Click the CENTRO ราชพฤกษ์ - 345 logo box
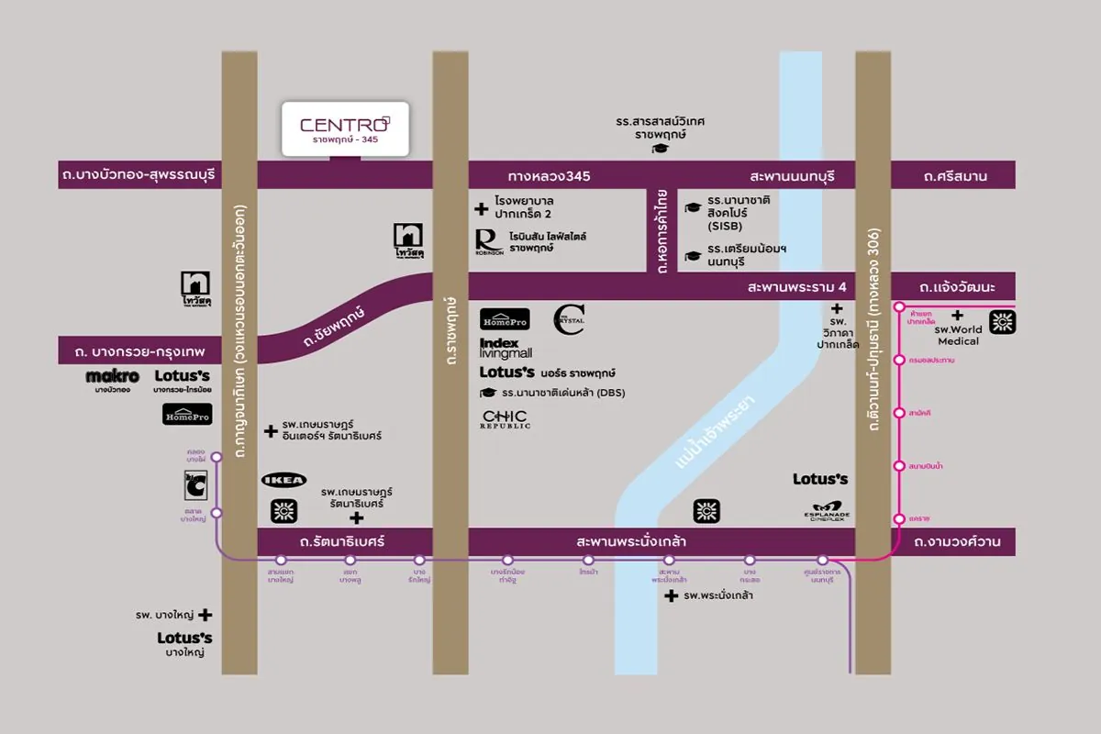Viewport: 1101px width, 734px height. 344,128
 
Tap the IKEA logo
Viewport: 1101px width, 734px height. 284,480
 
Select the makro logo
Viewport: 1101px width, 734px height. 112,377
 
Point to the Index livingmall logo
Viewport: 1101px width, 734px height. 506,348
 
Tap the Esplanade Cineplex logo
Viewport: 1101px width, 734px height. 828,511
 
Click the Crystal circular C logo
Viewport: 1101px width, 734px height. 569,319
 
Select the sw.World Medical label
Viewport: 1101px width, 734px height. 958,335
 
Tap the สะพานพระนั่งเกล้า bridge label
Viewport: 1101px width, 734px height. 631,542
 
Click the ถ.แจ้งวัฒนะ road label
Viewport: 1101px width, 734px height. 959,287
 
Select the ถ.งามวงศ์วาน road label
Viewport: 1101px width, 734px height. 959,542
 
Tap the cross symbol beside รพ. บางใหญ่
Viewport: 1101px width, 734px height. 206,616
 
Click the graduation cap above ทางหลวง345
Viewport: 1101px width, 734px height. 658,149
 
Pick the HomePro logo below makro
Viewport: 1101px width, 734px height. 187,415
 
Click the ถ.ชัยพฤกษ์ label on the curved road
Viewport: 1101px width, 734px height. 334,328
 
